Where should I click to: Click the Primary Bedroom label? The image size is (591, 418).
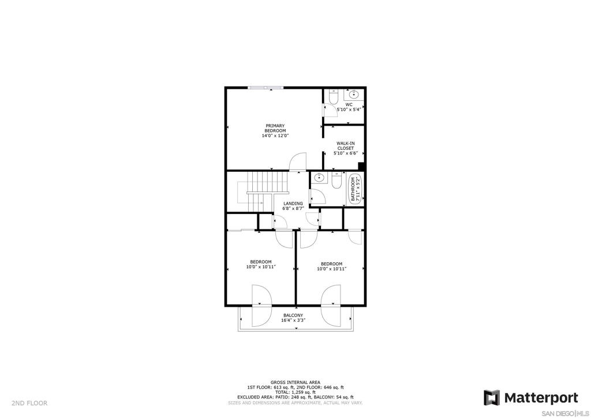click(275, 128)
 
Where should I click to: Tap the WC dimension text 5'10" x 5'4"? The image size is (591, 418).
click(349, 109)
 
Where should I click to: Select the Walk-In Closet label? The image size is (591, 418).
click(345, 146)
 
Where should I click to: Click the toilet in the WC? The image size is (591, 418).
click(334, 96)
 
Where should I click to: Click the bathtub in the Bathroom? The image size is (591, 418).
click(355, 189)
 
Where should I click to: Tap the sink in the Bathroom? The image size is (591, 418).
click(319, 177)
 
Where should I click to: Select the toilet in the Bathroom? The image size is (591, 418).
click(336, 180)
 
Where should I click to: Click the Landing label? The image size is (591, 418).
click(293, 204)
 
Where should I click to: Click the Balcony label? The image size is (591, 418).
click(293, 315)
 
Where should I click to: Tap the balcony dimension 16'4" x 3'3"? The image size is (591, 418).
click(293, 321)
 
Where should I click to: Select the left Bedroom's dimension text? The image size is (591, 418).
click(261, 266)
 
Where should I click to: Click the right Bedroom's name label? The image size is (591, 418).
click(332, 264)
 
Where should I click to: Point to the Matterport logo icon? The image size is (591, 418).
click(492, 398)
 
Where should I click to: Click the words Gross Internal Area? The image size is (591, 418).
click(295, 382)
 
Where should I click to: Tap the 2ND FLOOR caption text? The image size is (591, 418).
click(29, 404)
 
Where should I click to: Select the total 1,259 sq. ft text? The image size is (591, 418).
click(295, 392)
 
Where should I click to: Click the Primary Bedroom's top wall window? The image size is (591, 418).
click(265, 88)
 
